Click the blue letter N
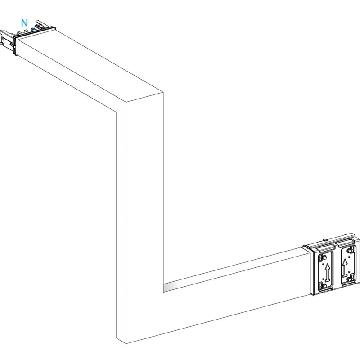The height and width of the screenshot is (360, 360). (x=24, y=23)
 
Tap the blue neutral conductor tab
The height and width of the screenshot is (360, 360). (x=33, y=29)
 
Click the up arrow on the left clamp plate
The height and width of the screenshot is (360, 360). (x=328, y=273)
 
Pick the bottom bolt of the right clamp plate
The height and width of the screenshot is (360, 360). (x=349, y=279)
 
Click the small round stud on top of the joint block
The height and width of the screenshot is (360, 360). (x=325, y=240)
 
